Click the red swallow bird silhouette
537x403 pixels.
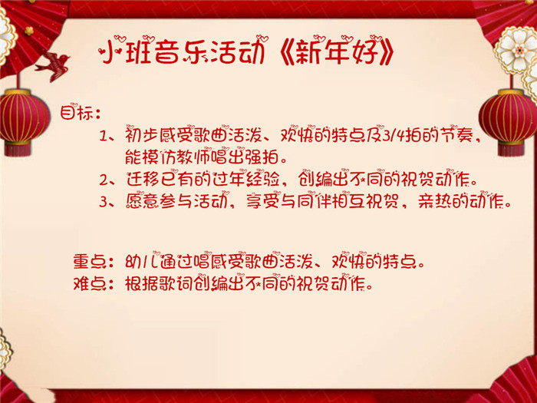pos(53,66)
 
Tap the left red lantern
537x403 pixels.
pos(22,117)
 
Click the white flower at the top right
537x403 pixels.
pos(516,50)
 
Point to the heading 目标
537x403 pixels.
pos(77,112)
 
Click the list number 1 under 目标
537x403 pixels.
pos(104,137)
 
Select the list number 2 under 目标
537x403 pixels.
pos(104,180)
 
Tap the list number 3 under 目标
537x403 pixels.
pos(104,201)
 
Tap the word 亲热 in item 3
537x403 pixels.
pos(435,201)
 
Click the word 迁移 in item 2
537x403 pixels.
pos(143,179)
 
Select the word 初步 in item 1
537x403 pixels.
pos(142,136)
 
